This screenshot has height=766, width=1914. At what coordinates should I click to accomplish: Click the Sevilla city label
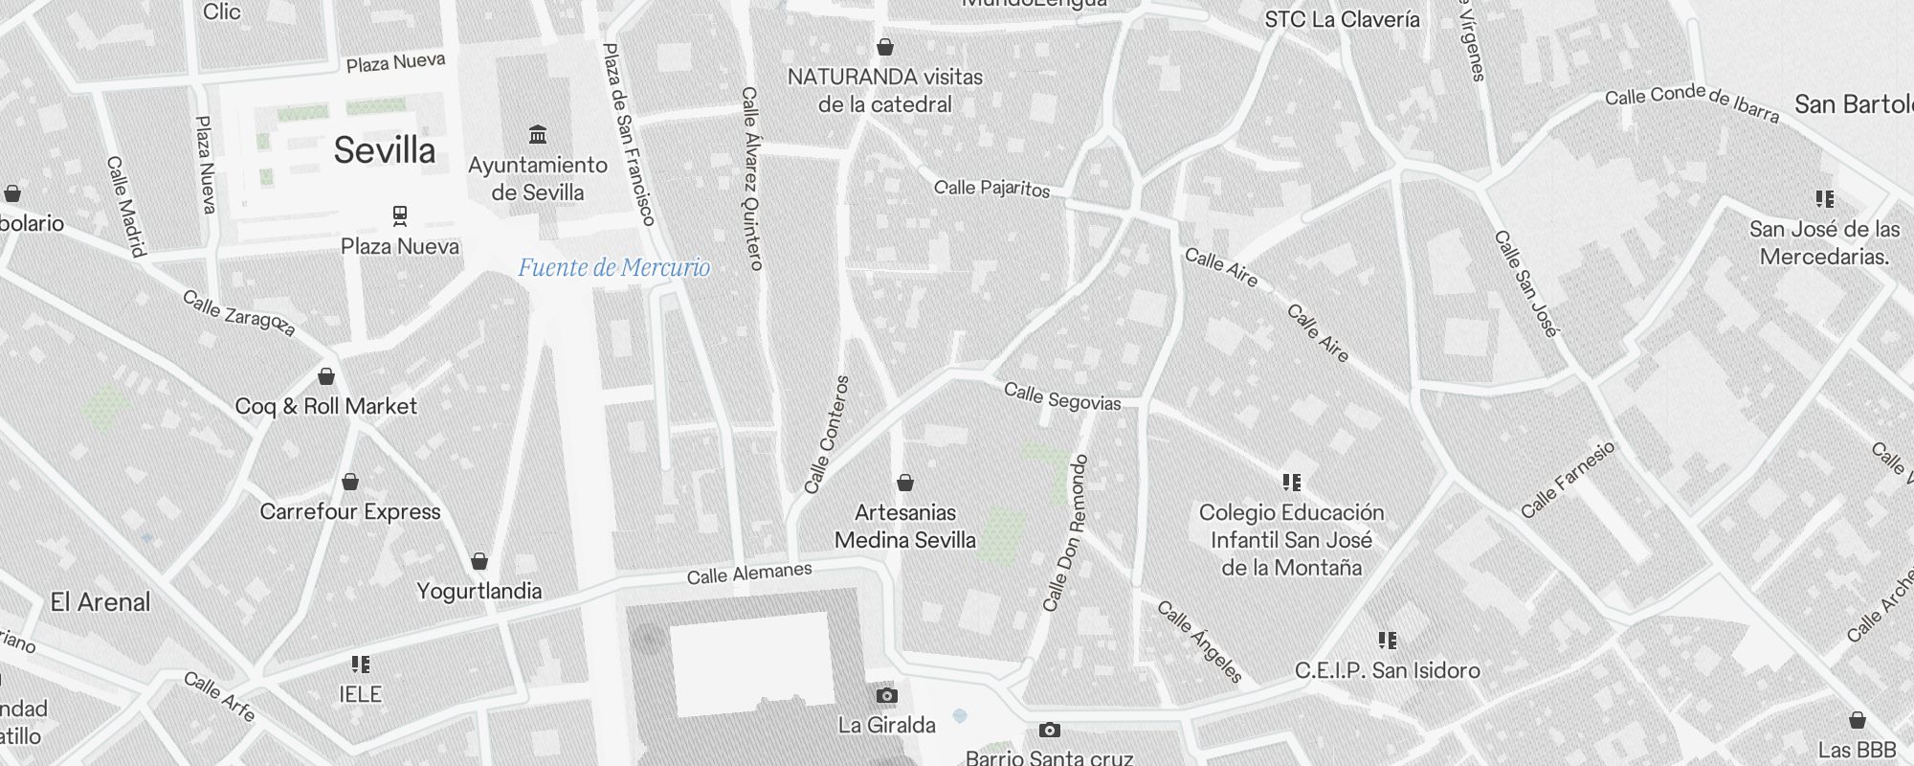click(x=385, y=150)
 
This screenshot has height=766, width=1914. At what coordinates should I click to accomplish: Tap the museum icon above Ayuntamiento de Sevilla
click(x=538, y=134)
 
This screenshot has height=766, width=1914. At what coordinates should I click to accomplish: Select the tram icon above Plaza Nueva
click(x=400, y=215)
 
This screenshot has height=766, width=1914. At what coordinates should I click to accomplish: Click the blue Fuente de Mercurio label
click(x=613, y=267)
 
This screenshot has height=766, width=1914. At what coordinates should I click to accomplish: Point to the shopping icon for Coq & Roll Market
click(x=326, y=376)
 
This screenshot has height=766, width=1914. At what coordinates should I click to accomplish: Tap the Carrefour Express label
click(x=350, y=511)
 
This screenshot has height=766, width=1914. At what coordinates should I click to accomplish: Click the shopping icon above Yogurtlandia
click(x=479, y=561)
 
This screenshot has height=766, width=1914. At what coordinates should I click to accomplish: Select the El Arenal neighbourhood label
click(x=100, y=602)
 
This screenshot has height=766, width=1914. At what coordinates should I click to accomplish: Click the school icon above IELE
click(x=360, y=664)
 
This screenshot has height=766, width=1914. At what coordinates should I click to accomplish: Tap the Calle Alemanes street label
click(x=749, y=574)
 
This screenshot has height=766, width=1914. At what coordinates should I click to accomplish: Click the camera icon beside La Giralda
click(x=887, y=695)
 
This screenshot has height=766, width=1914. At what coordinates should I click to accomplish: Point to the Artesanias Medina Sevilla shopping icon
click(x=905, y=483)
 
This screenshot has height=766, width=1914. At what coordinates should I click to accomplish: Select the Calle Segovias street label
click(x=1062, y=396)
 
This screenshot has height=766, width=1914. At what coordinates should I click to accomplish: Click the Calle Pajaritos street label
click(x=991, y=188)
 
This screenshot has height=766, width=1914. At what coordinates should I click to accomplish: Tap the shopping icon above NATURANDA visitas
click(x=885, y=47)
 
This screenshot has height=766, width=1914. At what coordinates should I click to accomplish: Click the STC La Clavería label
click(x=1342, y=19)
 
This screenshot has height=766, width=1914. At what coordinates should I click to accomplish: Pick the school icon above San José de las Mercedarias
click(x=1825, y=199)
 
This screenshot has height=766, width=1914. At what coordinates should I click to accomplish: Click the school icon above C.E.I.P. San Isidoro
click(x=1388, y=640)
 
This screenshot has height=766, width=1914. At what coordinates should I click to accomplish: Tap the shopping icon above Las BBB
click(x=1857, y=720)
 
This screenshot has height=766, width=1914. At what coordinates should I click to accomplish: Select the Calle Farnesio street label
click(x=1568, y=480)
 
